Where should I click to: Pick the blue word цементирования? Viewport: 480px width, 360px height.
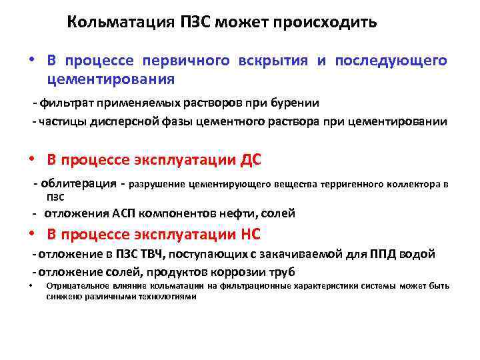click(x=111, y=80)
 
